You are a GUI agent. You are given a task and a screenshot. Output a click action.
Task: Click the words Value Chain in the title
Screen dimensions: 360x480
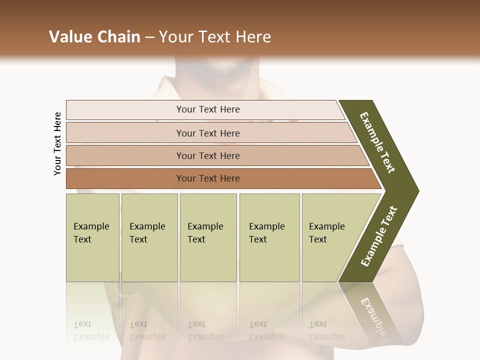tap(94, 37)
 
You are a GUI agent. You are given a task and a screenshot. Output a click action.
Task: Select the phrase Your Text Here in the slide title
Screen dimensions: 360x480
tap(215, 37)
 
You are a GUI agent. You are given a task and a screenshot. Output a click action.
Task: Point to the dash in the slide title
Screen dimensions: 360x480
tap(149, 37)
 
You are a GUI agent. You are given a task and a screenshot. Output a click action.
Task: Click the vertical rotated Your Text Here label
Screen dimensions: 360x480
tap(57, 143)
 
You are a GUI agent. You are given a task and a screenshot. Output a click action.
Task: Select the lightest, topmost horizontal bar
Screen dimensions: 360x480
tap(207, 109)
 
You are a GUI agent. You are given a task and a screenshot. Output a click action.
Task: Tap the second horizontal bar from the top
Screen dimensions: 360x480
tap(207, 133)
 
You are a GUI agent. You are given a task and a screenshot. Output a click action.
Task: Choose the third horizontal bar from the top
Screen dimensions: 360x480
tap(207, 155)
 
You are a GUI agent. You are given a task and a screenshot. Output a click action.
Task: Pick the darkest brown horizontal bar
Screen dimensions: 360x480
tap(207, 178)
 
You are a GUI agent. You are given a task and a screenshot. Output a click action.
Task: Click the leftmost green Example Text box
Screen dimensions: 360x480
tap(92, 237)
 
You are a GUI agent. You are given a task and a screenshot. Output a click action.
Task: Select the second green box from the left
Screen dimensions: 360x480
tap(149, 237)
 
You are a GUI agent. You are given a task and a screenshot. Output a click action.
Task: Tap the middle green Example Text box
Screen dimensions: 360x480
tap(208, 237)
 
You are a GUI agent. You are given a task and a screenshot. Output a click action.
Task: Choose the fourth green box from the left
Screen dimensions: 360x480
tap(269, 237)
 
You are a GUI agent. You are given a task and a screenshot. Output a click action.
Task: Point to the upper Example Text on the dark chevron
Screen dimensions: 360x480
tap(377, 142)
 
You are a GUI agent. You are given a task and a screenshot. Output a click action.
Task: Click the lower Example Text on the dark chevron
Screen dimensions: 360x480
tap(378, 236)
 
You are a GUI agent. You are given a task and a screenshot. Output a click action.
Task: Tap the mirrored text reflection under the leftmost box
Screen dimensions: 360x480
tap(91, 330)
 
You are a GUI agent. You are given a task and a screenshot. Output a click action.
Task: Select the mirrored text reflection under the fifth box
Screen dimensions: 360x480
tap(327, 330)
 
